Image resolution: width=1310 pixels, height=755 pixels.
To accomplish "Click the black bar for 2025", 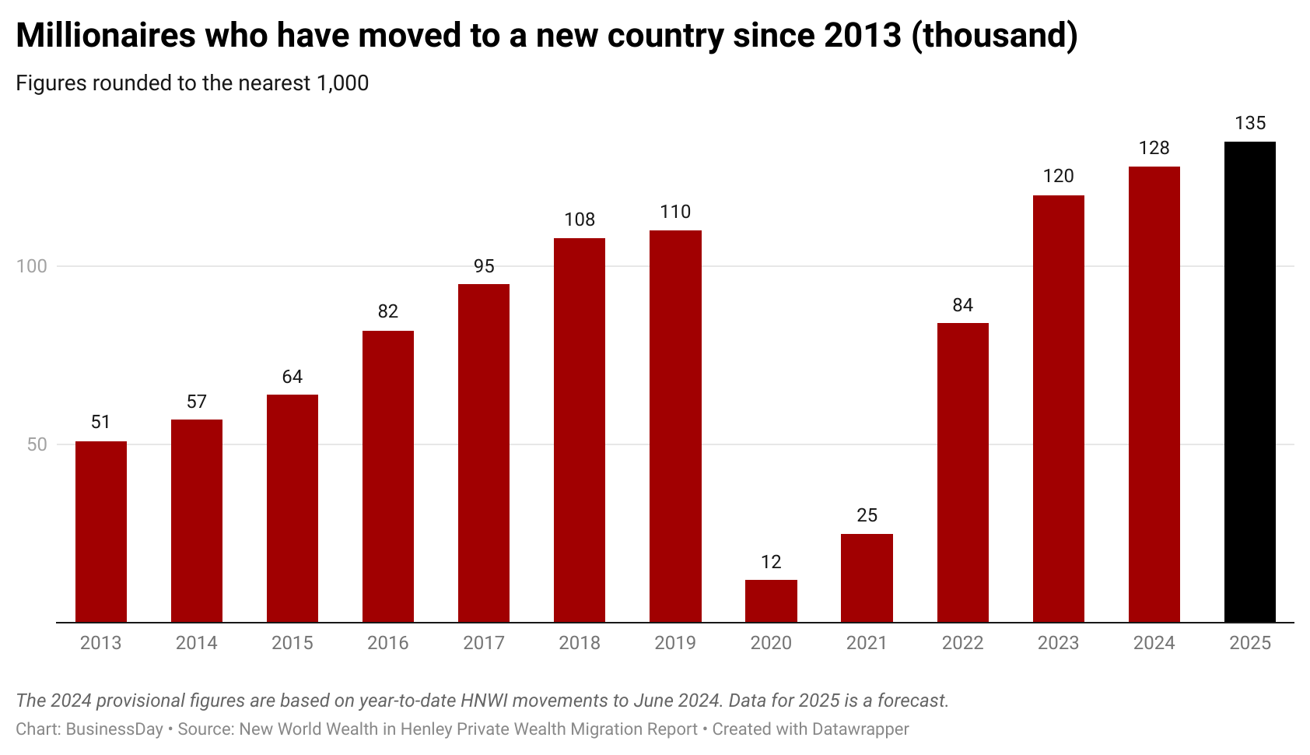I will pos(1249,381).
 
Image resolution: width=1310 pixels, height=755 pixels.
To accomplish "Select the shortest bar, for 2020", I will pos(771,601).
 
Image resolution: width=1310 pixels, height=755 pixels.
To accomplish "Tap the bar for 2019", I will pos(675,426).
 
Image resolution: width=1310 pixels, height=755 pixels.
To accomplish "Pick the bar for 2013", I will pos(101,532).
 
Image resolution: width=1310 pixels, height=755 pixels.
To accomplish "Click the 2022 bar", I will pos(962,472).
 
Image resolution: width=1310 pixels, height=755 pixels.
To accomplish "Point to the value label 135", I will pos(1250,123).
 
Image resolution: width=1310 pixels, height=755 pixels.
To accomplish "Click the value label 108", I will pos(580,219).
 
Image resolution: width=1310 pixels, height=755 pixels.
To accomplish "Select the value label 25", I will pos(867,515).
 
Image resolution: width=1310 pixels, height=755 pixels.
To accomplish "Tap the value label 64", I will pos(292,377).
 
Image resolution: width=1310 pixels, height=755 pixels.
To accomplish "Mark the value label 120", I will pos(1058,176).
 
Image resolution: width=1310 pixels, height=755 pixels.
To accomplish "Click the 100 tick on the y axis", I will pos(32,266).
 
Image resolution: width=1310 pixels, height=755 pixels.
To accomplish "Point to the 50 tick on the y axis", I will pos(37,444).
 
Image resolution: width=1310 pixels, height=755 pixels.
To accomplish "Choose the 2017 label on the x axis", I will pos(484,643).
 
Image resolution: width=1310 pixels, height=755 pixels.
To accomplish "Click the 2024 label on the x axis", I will pos(1154,643).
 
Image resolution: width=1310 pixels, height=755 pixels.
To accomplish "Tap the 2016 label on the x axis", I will pos(388,643).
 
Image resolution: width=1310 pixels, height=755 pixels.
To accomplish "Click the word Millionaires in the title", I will pos(106,36).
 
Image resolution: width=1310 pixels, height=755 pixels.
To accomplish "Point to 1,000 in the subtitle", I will pos(342,83).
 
